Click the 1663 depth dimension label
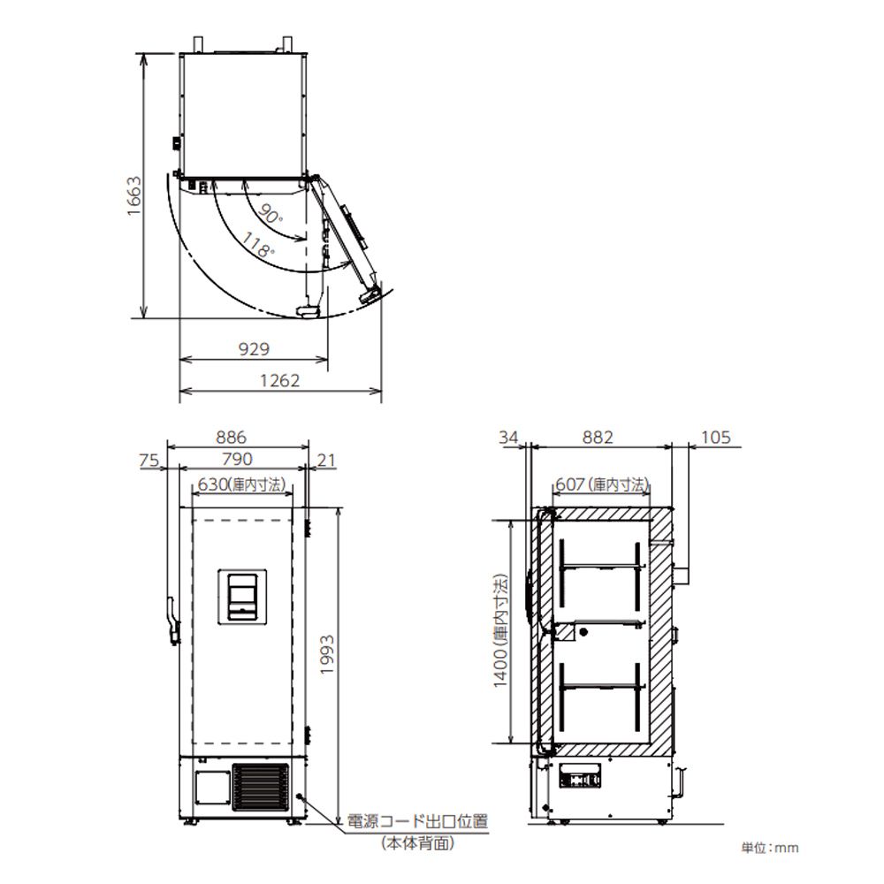click(134, 195)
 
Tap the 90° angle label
click(271, 213)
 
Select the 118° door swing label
click(258, 245)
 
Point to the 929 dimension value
click(254, 349)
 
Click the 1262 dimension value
click(279, 380)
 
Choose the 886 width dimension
click(231, 437)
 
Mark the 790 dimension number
click(237, 459)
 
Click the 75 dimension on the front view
click(149, 460)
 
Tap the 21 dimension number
click(326, 460)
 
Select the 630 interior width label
click(242, 484)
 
